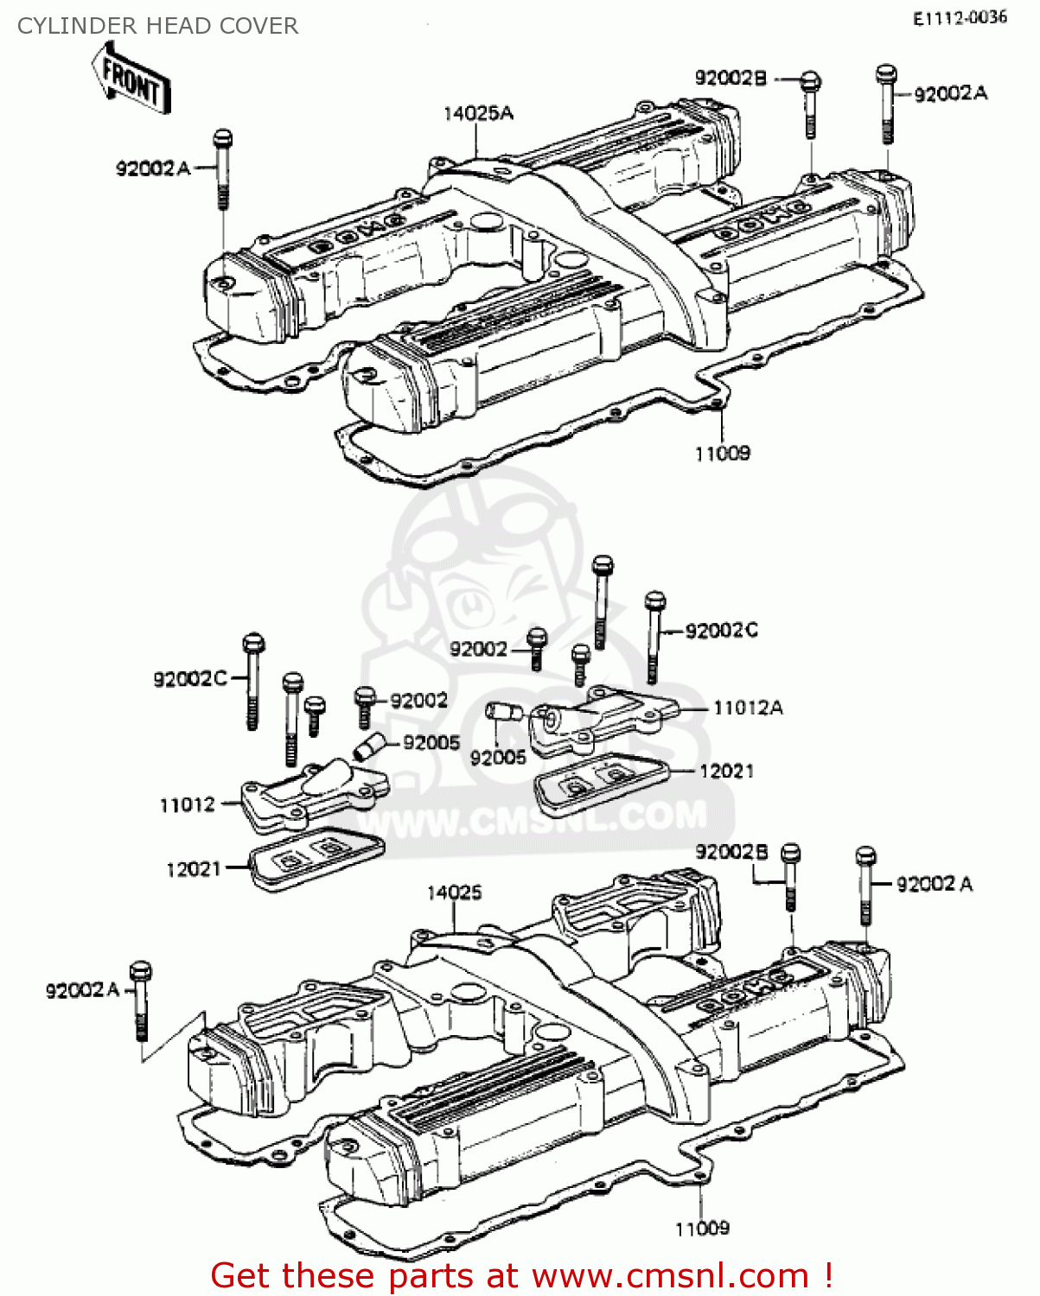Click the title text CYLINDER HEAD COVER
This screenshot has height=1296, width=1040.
(157, 26)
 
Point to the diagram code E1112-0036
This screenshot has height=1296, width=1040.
(960, 18)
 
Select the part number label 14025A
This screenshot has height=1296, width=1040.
(478, 113)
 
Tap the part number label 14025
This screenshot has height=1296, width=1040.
(454, 893)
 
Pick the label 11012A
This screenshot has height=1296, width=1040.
(748, 708)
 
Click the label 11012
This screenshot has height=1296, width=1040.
(187, 804)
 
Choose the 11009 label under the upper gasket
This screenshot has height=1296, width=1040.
(723, 453)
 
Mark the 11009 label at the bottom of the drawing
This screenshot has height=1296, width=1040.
(702, 1228)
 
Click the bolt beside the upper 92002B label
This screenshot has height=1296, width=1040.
(810, 103)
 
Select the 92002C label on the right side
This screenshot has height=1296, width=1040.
(721, 631)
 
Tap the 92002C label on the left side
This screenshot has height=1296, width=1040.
(189, 679)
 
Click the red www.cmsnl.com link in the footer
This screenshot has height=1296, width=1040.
(670, 1275)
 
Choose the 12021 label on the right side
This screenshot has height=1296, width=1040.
(726, 771)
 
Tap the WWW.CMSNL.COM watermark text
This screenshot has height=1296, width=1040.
(536, 818)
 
